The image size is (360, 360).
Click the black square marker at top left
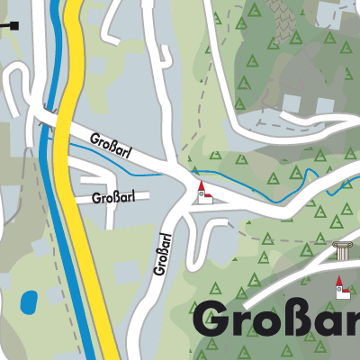coord(13,25)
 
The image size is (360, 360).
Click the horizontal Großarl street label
coord(112,197)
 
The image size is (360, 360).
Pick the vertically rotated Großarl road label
coord(163,254)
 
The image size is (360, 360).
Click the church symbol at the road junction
coord(203,192)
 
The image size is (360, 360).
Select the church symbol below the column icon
coord(341,288)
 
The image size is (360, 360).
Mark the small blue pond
coord(29,300)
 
